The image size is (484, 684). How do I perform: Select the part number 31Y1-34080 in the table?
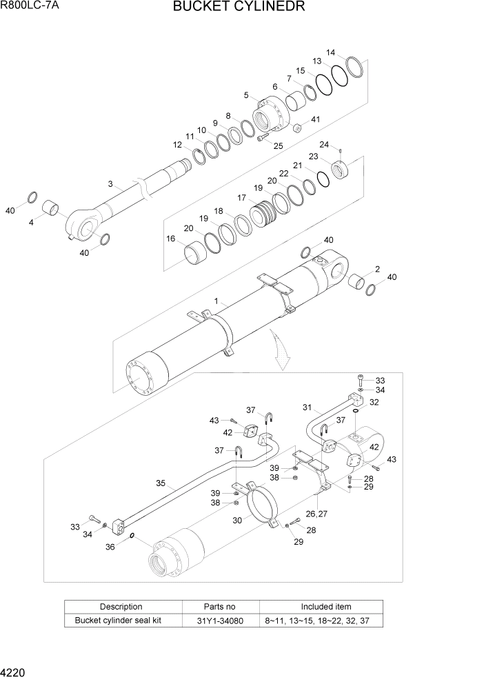[220, 620]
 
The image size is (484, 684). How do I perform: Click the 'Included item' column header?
[321, 607]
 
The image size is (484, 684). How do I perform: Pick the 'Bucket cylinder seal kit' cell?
[122, 620]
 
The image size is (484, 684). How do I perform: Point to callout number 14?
[331, 52]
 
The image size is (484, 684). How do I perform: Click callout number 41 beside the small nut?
[315, 119]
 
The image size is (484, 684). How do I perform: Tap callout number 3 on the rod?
[110, 183]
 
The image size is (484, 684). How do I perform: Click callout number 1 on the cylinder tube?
[216, 301]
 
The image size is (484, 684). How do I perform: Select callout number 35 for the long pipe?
[161, 484]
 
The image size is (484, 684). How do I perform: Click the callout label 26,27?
[316, 513]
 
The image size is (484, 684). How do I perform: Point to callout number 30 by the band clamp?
[237, 521]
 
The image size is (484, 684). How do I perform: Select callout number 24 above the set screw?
[324, 144]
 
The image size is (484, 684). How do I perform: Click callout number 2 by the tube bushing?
[377, 269]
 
